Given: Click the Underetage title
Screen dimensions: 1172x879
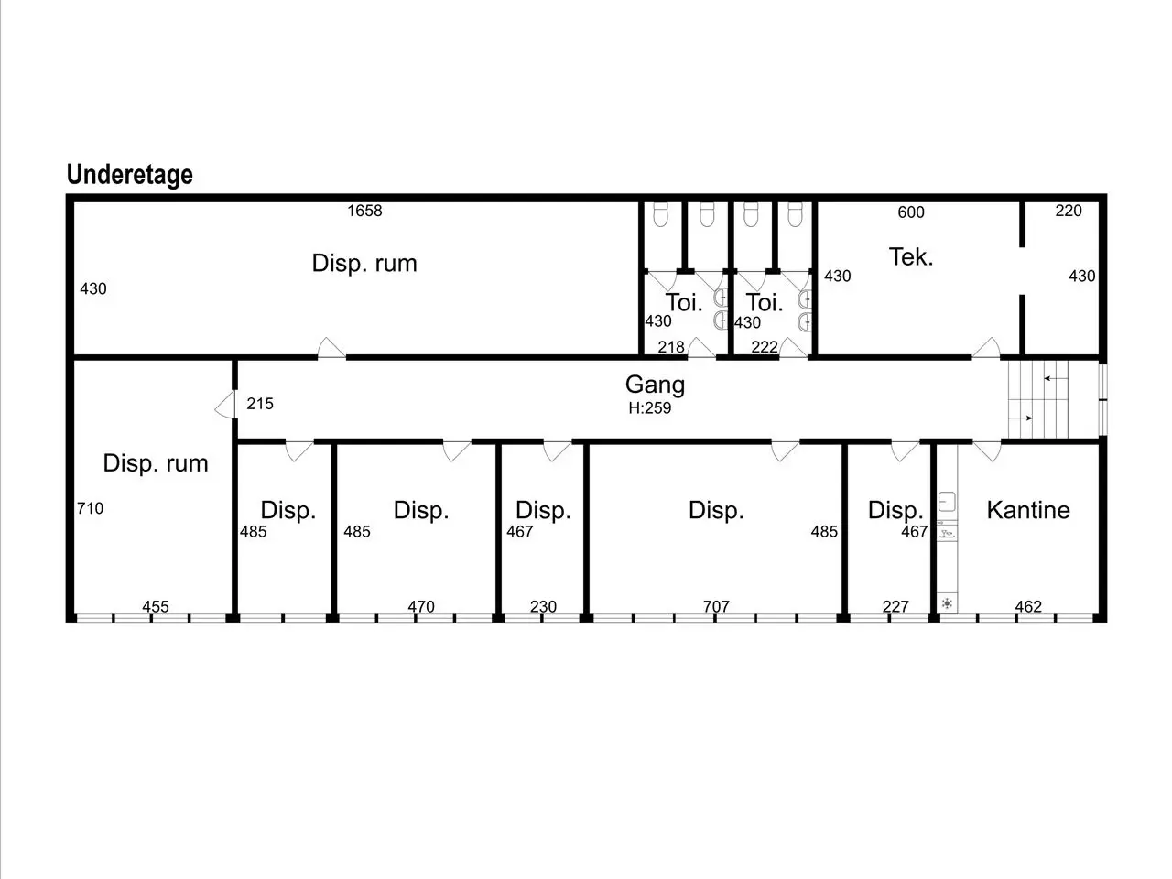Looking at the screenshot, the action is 130,175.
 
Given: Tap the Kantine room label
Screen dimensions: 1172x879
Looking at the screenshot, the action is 1028,510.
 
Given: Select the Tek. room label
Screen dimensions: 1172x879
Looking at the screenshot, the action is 911,256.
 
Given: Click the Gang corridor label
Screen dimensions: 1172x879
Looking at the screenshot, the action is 655,385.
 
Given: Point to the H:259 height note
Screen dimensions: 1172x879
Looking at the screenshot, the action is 649,408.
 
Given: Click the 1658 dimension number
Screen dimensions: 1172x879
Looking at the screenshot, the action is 364,211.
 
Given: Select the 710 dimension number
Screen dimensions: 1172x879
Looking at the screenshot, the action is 91,508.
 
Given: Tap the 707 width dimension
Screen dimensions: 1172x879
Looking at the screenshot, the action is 716,607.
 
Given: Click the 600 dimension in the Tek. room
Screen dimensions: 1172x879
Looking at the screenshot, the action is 911,212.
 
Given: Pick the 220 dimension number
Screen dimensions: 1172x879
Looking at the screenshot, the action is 1069,211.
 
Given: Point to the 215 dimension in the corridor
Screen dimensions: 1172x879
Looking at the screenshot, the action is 260,404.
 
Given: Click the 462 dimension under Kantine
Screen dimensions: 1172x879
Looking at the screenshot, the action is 1028,607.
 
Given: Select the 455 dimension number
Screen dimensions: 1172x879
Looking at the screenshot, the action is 156,607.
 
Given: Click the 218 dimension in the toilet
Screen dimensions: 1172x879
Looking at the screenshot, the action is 671,347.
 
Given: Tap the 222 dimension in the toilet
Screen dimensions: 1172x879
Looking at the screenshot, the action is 765,347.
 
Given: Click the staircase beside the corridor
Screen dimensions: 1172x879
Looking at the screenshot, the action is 1038,399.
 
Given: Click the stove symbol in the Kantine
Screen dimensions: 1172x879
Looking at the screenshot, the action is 947,603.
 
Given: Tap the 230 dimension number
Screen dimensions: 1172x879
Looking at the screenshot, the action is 543,607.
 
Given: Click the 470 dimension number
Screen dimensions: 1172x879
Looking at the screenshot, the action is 421,607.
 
